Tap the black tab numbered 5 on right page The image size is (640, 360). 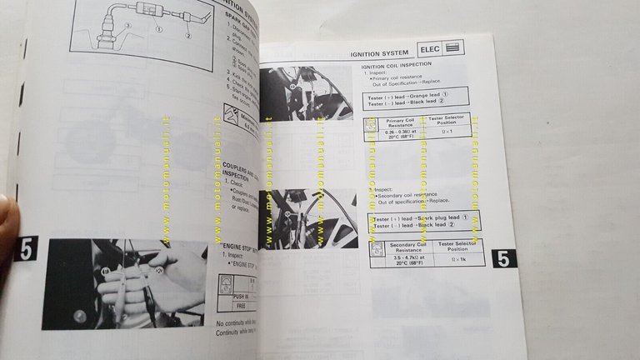coord(503,258)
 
